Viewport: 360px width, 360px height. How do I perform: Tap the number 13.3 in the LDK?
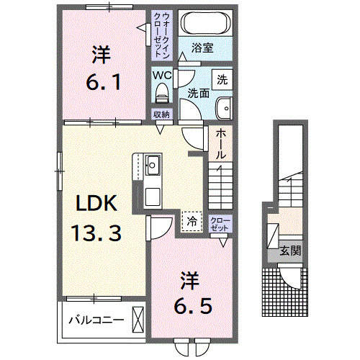(95, 233)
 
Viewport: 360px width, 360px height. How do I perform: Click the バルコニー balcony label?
(95, 319)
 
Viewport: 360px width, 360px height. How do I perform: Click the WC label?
(160, 73)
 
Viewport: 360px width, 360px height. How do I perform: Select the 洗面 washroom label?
(198, 92)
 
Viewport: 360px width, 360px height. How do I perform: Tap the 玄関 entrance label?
(290, 251)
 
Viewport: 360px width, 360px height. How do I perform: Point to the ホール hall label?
(220, 144)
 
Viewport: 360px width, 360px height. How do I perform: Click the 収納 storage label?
(161, 114)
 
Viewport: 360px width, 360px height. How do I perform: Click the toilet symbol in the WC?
(161, 92)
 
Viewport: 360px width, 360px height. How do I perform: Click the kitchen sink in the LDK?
(153, 165)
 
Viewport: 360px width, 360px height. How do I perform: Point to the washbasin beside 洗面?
(225, 104)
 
